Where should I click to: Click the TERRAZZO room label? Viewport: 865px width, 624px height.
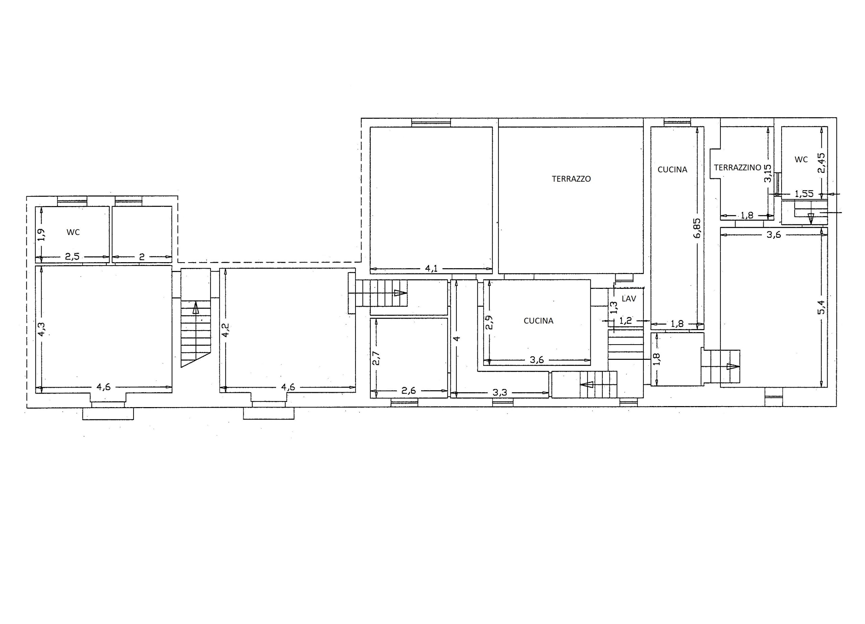point(571,179)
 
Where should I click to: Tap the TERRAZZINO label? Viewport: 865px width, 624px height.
point(737,168)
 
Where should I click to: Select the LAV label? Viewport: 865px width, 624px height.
point(629,299)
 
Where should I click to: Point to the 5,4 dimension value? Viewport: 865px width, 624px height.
point(821,307)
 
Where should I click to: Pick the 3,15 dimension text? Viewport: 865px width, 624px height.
point(768,173)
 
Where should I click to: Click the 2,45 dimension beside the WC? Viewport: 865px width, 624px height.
point(821,163)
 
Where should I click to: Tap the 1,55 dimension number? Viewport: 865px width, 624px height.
point(804,194)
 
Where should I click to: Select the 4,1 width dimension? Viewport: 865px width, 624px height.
point(431,269)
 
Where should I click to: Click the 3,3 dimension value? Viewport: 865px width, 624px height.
point(500,392)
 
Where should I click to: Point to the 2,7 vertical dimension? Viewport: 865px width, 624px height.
point(376,358)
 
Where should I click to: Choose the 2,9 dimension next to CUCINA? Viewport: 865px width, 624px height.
point(490,322)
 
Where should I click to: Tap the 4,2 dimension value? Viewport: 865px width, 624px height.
point(225,330)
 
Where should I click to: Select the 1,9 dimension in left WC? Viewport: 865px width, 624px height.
point(42,234)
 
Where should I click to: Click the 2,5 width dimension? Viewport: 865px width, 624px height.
point(72,257)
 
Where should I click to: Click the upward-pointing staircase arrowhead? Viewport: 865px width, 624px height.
point(196,307)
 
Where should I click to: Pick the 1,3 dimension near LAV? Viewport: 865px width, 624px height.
point(614,307)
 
